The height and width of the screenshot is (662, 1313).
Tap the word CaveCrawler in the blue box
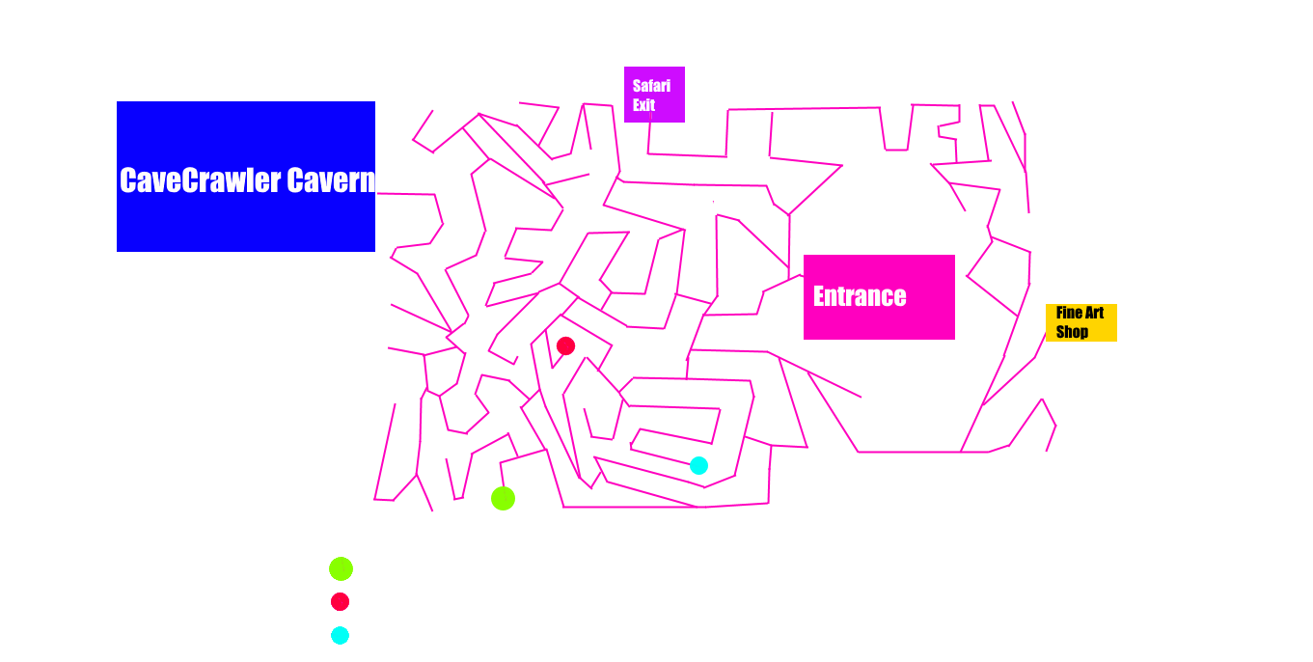[x=201, y=180]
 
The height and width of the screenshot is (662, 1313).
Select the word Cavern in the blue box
[x=331, y=180]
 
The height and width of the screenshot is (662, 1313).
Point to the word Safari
[x=651, y=86]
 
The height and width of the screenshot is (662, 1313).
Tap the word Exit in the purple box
[x=643, y=105]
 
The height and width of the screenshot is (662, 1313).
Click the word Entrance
[x=860, y=296]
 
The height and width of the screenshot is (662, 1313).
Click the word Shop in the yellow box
[x=1072, y=332]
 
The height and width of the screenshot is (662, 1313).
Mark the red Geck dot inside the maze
[x=565, y=345]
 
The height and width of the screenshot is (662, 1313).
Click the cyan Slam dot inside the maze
[x=698, y=465]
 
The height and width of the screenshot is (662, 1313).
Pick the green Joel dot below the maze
[x=503, y=498]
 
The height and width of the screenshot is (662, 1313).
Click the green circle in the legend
[x=341, y=568]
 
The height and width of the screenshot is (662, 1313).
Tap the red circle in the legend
[x=340, y=601]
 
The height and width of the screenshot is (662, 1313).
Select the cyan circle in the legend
[x=340, y=635]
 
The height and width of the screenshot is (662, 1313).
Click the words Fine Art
[x=1080, y=313]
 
